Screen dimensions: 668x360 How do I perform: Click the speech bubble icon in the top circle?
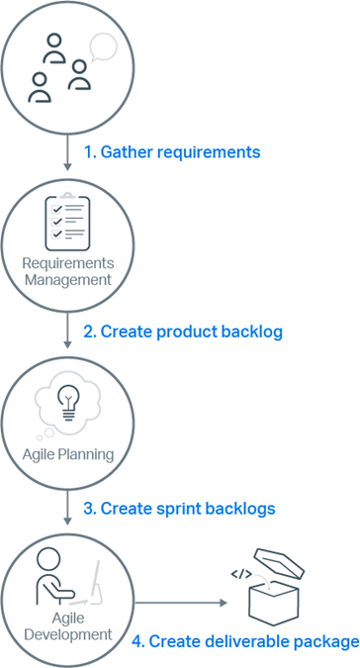(x=102, y=47)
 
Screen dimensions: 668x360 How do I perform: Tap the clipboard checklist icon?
(x=67, y=223)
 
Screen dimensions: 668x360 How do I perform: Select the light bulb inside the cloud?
(x=67, y=400)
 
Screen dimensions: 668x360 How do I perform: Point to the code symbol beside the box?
(x=239, y=573)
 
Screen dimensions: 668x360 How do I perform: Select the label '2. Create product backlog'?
(x=182, y=332)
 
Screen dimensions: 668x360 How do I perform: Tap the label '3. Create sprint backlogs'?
(x=178, y=509)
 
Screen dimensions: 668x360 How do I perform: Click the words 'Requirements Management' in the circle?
(x=68, y=271)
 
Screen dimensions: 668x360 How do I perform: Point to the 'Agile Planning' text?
(x=68, y=455)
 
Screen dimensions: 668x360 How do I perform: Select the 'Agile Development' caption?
(x=68, y=624)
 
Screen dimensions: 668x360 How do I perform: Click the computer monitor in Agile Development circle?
(x=97, y=584)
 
